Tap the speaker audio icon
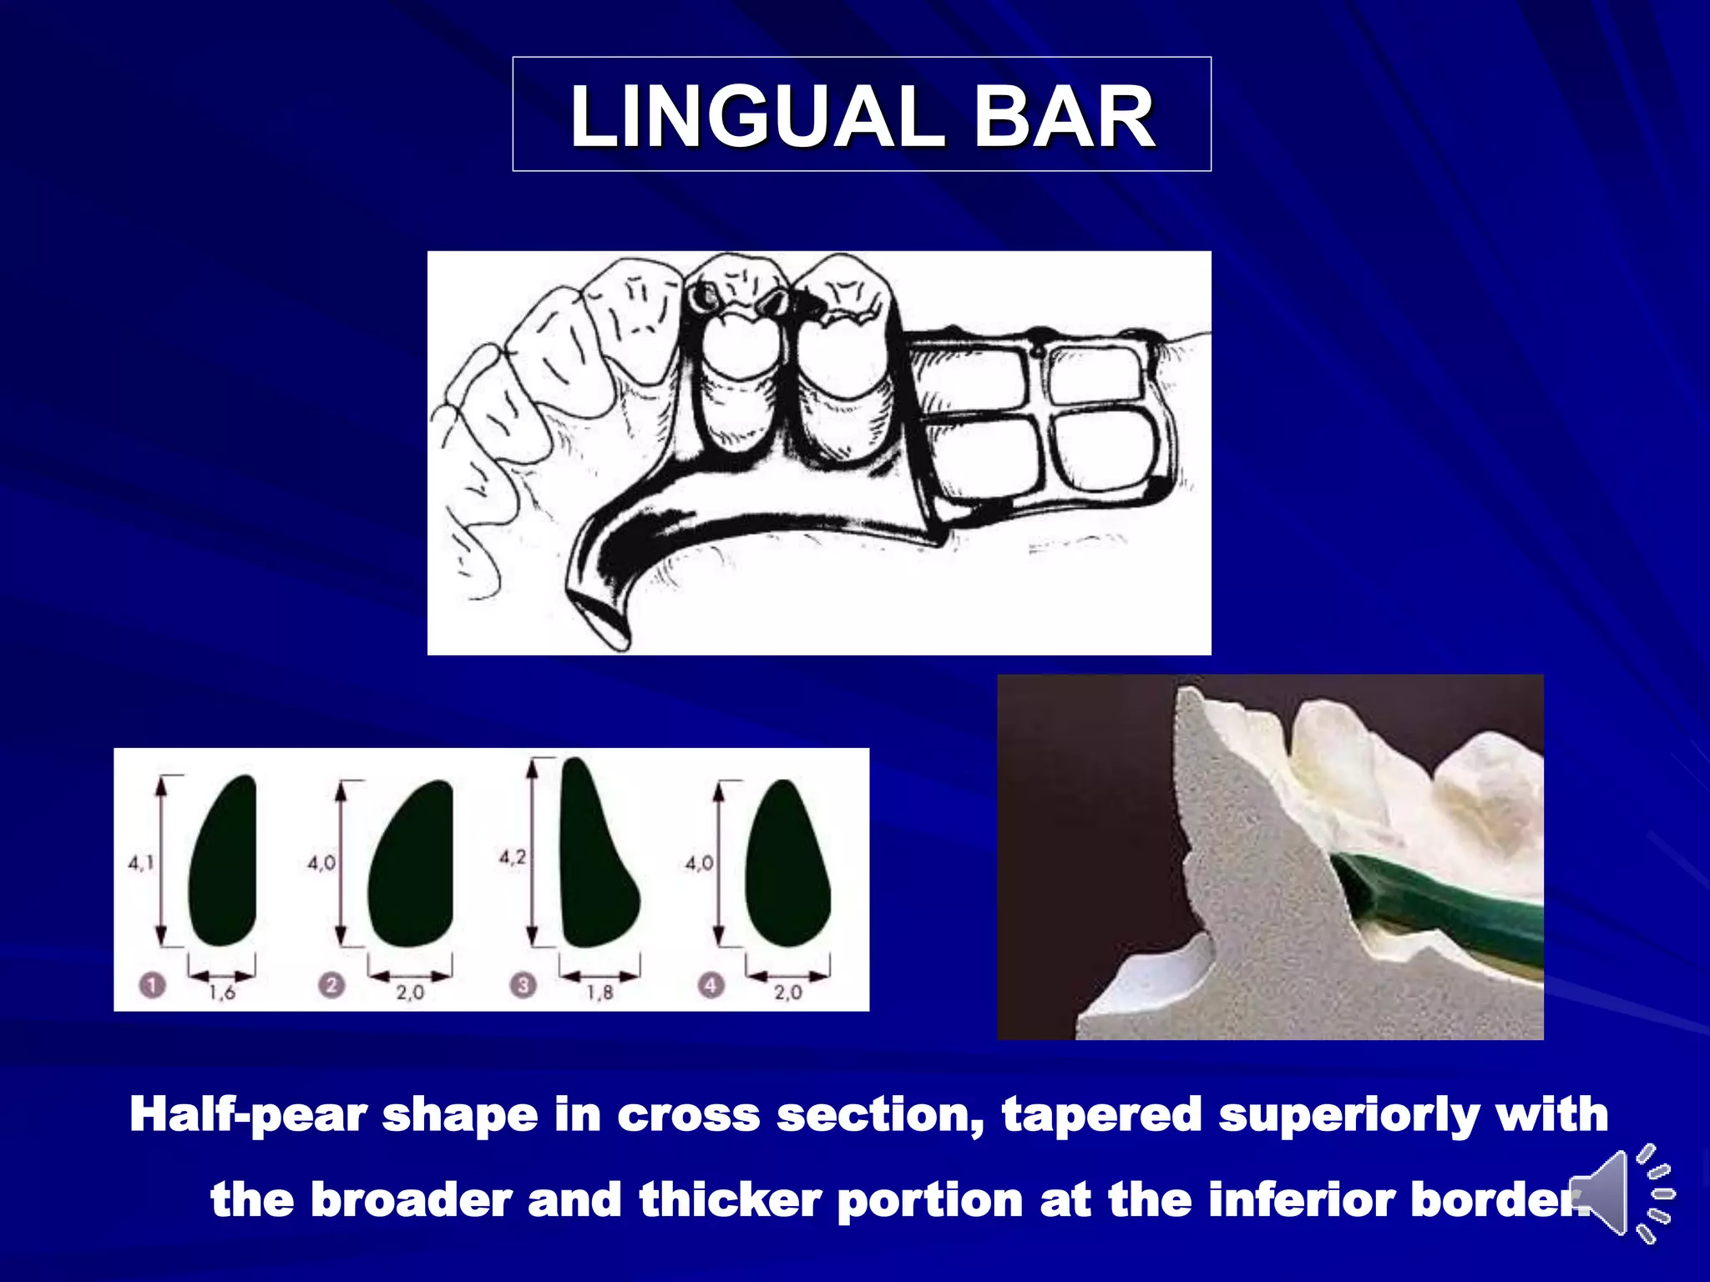(1620, 1194)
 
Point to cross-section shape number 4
(787, 865)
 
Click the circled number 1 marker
(152, 986)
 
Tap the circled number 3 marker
(523, 986)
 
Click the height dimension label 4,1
(140, 863)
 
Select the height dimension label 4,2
(513, 857)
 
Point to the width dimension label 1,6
(222, 992)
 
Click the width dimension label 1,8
(600, 992)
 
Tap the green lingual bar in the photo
(1453, 910)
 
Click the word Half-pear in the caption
(248, 1115)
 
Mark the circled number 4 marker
(711, 986)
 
